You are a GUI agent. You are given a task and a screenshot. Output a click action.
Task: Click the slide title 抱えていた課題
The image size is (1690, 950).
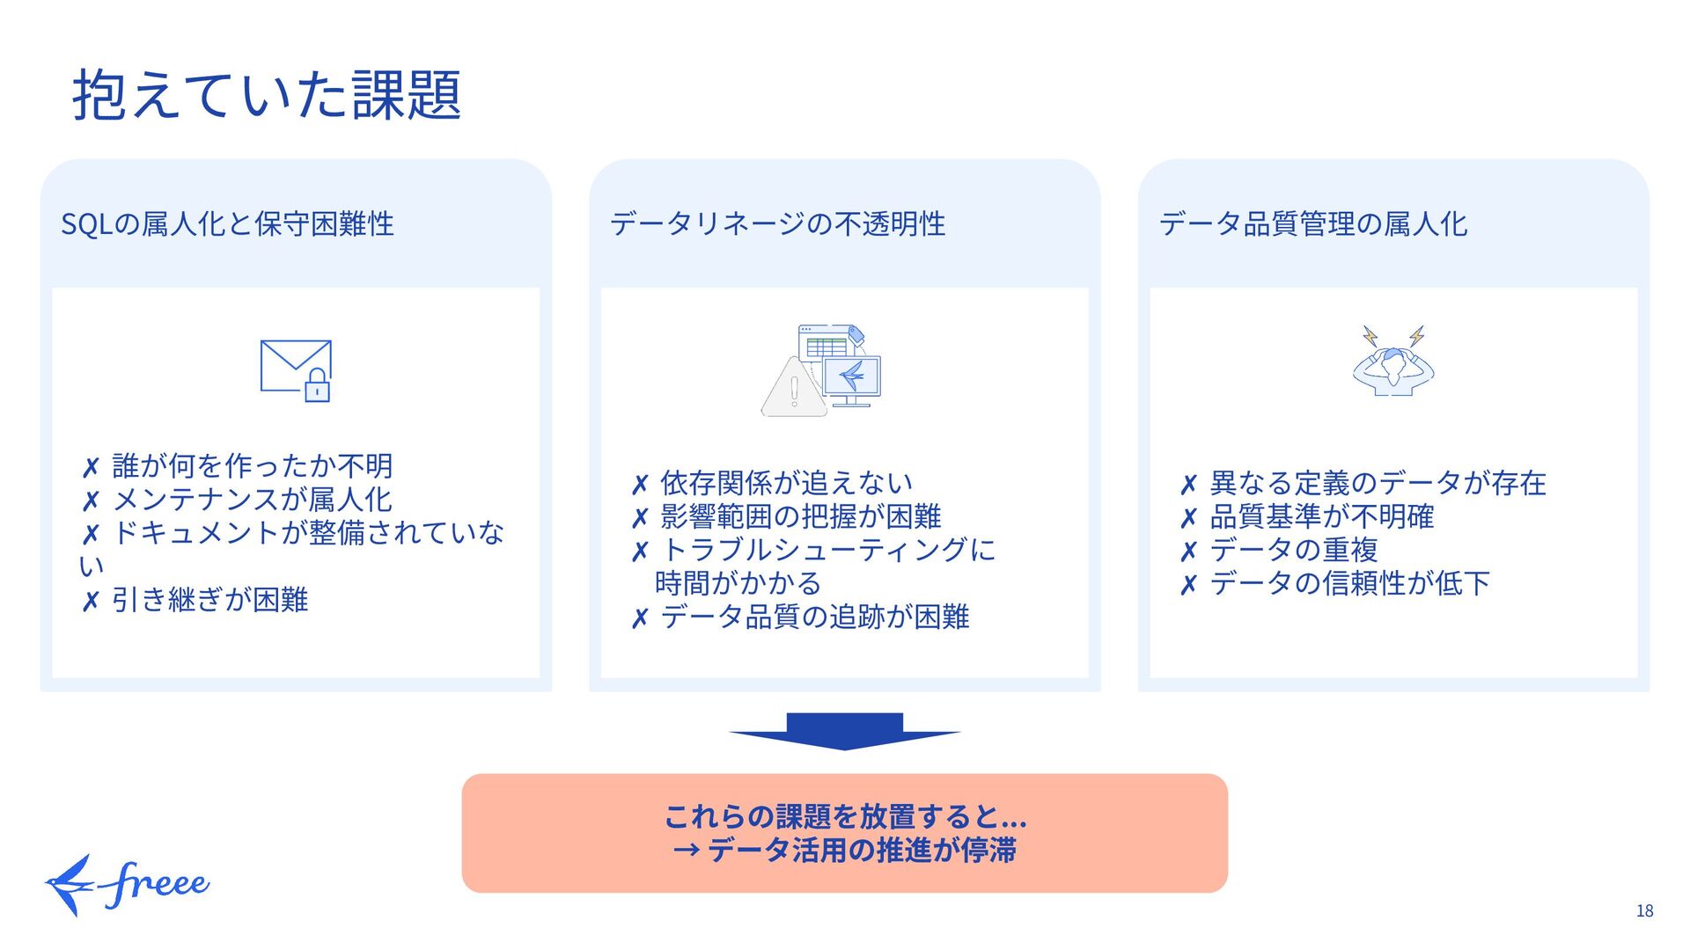266,95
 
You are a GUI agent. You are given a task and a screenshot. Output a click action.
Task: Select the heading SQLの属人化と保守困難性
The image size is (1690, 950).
227,223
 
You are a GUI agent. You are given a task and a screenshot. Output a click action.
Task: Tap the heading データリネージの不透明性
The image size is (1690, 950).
777,223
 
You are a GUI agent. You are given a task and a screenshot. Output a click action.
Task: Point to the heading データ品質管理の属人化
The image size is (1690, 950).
1312,223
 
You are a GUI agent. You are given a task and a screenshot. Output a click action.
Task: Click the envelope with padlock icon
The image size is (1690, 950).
296,370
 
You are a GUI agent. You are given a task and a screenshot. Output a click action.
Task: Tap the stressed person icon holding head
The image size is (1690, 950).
1392,362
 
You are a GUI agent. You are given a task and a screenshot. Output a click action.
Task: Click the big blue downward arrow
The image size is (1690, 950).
844,731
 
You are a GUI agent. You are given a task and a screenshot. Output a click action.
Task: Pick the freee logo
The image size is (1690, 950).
128,884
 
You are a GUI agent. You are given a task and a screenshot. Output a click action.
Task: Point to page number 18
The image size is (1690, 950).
1644,911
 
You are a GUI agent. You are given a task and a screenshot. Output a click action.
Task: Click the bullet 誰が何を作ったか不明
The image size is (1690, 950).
252,465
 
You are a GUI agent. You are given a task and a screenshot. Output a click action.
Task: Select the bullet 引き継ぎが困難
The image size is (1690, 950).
209,600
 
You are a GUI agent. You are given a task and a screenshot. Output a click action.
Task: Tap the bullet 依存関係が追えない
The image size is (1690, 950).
786,483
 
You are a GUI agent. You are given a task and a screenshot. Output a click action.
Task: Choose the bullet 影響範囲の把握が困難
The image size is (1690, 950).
800,516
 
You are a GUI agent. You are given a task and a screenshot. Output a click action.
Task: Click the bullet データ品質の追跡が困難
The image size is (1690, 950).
814,617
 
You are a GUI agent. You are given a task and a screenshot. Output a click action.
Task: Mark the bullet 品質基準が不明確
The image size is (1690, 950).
1321,516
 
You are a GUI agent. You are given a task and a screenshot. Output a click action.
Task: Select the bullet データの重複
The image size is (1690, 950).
1293,550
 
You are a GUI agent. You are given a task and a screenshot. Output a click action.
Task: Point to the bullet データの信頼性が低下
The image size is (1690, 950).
1349,583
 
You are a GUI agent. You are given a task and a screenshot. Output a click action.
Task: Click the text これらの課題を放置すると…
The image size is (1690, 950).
845,816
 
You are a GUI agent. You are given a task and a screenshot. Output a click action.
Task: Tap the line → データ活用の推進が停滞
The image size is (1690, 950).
845,851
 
